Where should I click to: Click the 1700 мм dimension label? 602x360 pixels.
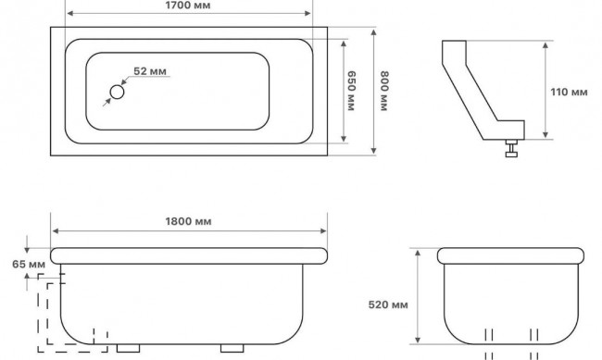[188, 6]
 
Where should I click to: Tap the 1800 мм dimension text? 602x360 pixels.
[188, 221]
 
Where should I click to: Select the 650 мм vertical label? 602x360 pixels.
[351, 91]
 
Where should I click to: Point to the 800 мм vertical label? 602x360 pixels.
[384, 91]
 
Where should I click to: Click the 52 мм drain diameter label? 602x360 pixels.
[150, 71]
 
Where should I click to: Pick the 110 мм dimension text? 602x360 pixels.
[569, 93]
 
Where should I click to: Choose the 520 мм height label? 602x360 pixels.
[388, 304]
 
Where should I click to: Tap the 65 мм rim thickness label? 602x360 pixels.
[29, 265]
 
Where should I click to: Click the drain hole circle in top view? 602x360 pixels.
[117, 93]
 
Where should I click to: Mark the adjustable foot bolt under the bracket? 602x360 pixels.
[511, 148]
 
